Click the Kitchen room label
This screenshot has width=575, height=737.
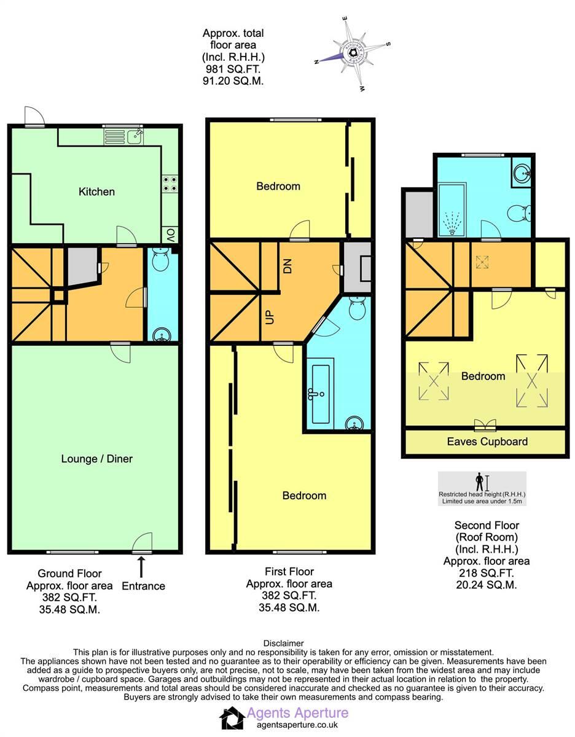tap(96, 192)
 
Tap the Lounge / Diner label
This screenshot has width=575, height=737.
tap(96, 459)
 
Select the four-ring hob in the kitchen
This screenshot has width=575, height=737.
tap(170, 183)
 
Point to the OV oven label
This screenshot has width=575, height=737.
tap(171, 235)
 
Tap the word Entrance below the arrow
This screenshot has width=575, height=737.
tap(143, 586)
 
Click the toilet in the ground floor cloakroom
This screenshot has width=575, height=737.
tap(161, 260)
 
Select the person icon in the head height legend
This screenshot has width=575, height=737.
tap(480, 482)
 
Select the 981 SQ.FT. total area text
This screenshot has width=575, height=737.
tap(233, 69)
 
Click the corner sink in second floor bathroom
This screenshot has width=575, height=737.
tap(522, 171)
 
